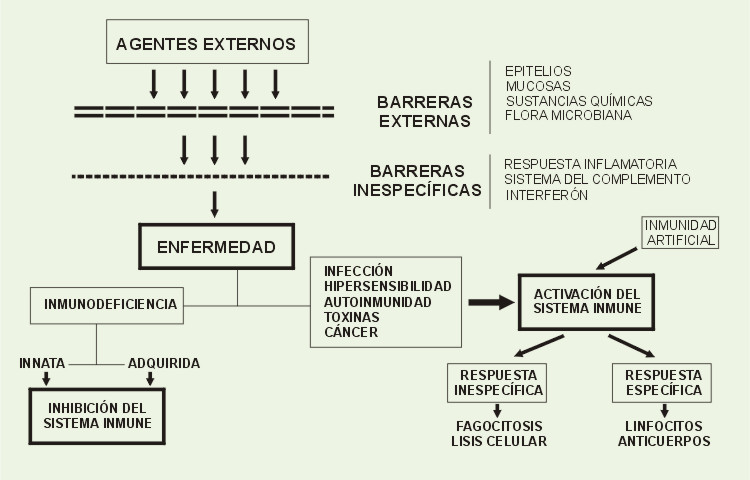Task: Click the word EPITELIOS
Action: pyautogui.click(x=538, y=71)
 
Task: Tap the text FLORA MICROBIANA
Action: pyautogui.click(x=568, y=115)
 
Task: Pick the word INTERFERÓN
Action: pyautogui.click(x=546, y=195)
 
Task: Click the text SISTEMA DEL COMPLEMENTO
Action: pyautogui.click(x=597, y=179)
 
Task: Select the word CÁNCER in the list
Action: pyautogui.click(x=351, y=332)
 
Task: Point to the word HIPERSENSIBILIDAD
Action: pyautogui.click(x=387, y=286)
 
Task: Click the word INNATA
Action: pyautogui.click(x=42, y=363)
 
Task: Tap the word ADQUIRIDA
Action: pyautogui.click(x=164, y=363)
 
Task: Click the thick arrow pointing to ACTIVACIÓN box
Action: pyautogui.click(x=491, y=302)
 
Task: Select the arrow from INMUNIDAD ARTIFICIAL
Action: pyautogui.click(x=617, y=258)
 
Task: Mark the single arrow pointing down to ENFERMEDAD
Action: pyautogui.click(x=215, y=205)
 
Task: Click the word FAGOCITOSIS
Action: pyautogui.click(x=499, y=426)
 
